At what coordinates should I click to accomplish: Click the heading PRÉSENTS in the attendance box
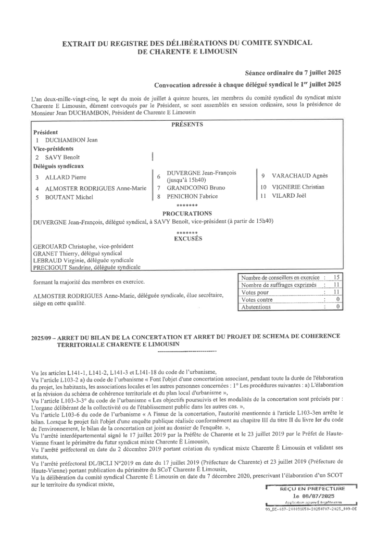(187, 124)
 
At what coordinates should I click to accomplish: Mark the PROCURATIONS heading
(187, 213)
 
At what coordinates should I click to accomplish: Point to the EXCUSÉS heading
(187, 239)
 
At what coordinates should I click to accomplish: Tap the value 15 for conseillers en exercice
(336, 278)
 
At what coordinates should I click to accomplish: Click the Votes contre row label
(257, 300)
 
